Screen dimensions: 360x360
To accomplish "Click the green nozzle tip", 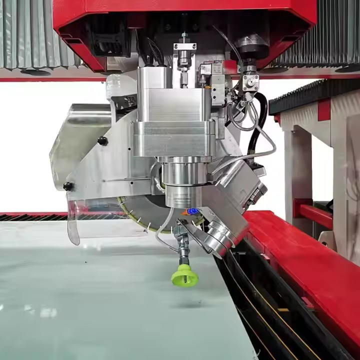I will point(184,275).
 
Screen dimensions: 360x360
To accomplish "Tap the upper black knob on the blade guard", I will point(102,141).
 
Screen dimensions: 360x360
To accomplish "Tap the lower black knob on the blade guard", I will point(68,186).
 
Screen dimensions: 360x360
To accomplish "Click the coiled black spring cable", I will point(154,50).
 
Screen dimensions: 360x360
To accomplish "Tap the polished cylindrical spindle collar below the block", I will point(185,172).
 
